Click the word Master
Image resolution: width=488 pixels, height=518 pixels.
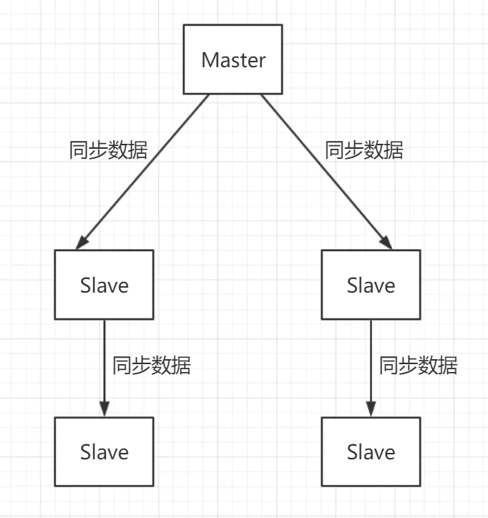[233, 60]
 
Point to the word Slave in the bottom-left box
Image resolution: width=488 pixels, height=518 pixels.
[104, 452]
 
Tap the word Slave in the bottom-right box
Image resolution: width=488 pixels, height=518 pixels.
[371, 452]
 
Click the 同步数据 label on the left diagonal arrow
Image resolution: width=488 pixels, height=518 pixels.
[109, 151]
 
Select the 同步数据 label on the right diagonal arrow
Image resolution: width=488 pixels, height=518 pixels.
[364, 150]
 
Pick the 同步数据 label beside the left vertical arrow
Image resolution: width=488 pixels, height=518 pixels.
[152, 366]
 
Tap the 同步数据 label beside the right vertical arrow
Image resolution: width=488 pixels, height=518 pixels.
[419, 366]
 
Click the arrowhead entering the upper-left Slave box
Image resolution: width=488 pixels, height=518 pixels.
[81, 243]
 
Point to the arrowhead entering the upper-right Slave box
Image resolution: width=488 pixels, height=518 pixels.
[387, 243]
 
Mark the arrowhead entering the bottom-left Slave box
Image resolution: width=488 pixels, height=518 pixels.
[104, 410]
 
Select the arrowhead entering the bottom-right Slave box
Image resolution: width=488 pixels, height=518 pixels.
[371, 410]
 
